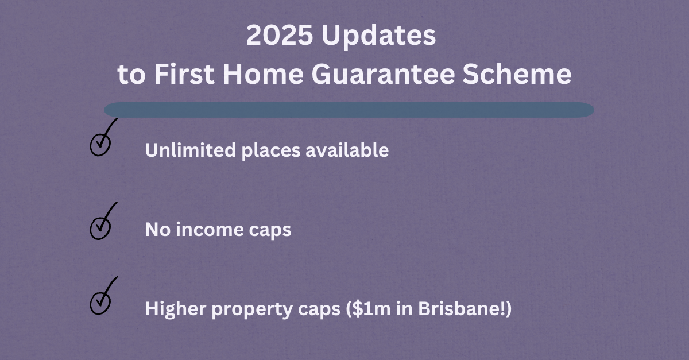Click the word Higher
(x=171, y=309)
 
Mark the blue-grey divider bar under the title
(x=349, y=110)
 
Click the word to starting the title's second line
(x=132, y=76)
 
